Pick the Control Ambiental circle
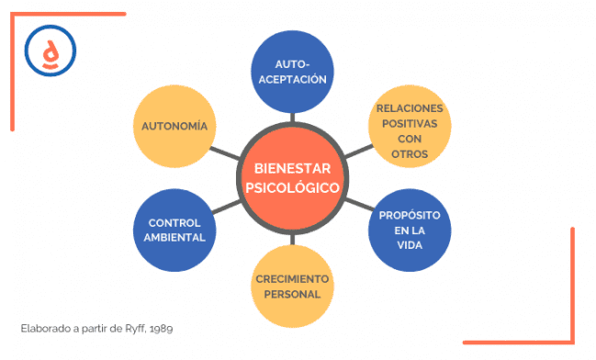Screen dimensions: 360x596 175,230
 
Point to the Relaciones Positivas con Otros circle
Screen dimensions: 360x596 410,130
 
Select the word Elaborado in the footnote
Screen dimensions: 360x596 42,327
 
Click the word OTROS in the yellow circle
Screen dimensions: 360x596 410,153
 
